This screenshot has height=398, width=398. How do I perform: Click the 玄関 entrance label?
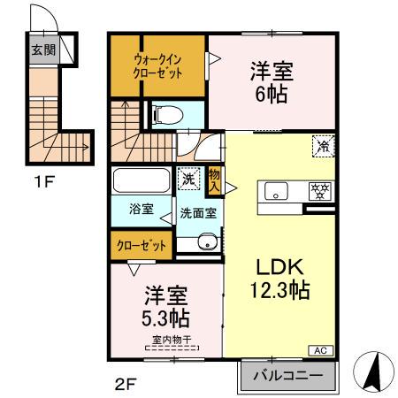coord(43,50)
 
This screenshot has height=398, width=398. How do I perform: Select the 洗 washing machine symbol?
coord(188,179)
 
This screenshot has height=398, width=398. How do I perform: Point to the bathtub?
coord(142,182)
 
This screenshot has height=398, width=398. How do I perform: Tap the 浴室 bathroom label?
coord(142,211)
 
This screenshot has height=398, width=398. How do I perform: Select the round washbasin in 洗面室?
coord(207,241)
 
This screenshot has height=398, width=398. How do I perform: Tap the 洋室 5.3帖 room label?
coord(165,303)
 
